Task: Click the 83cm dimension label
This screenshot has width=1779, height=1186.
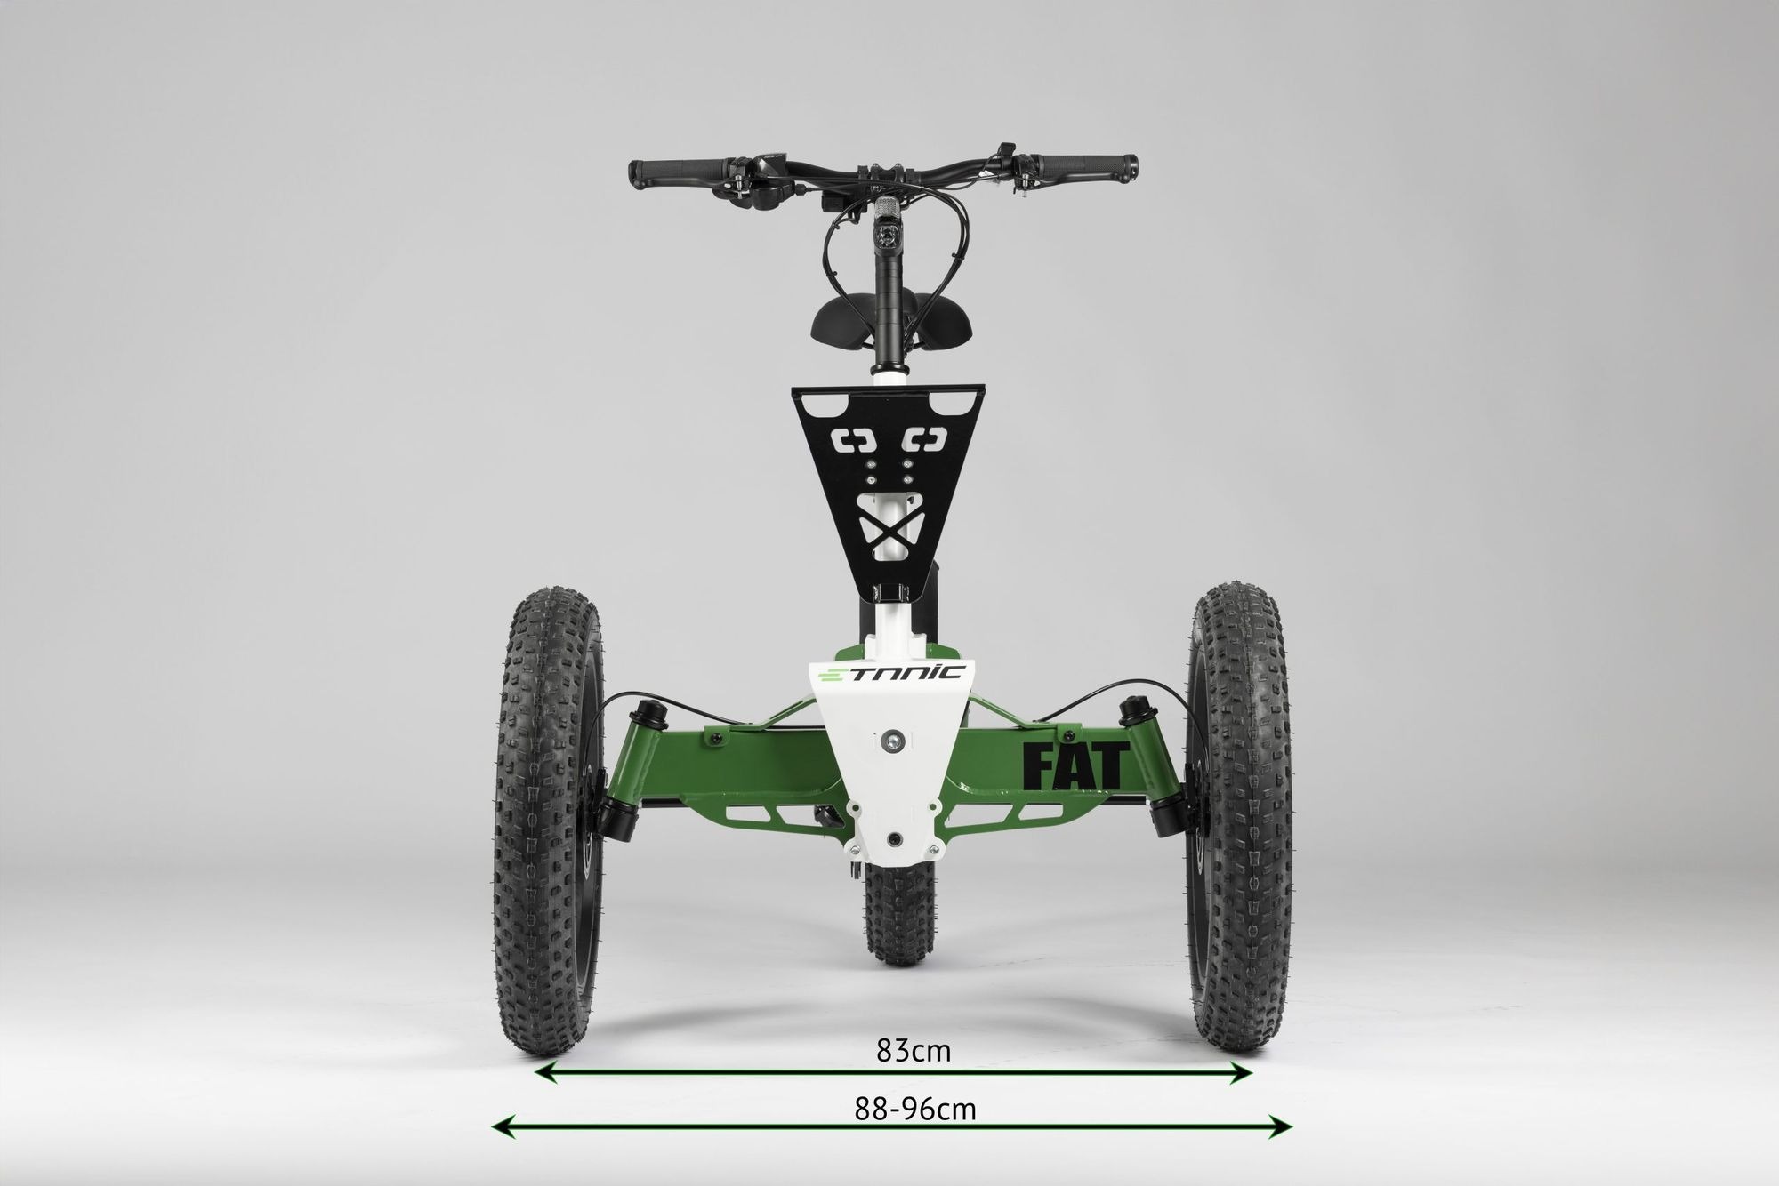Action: pos(914,1052)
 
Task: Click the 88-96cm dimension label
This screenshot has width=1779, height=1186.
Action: pos(915,1110)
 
